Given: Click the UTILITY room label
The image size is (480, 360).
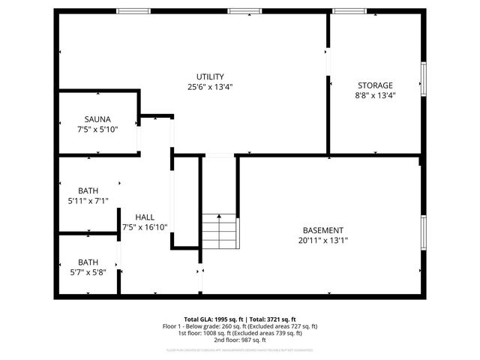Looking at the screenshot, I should [210, 76].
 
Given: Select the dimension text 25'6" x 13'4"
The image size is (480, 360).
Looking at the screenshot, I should [210, 87].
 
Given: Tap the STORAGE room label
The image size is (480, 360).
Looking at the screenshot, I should [374, 85].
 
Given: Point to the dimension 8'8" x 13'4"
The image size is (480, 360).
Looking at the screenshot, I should [374, 95].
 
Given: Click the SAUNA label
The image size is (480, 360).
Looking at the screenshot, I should [97, 119].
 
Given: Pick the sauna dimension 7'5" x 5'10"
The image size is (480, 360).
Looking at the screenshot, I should [97, 129].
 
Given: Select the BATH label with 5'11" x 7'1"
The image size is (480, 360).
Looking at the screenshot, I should [88, 190].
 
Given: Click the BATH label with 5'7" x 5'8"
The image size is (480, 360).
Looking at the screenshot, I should [88, 262].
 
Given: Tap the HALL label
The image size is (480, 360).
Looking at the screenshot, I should [145, 217].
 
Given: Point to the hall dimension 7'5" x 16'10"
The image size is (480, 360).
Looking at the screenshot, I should [145, 226].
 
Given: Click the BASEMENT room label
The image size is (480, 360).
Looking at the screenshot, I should [323, 230].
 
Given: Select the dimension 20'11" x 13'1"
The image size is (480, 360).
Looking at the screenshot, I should [323, 241].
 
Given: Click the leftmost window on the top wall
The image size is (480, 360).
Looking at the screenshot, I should [133, 11].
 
